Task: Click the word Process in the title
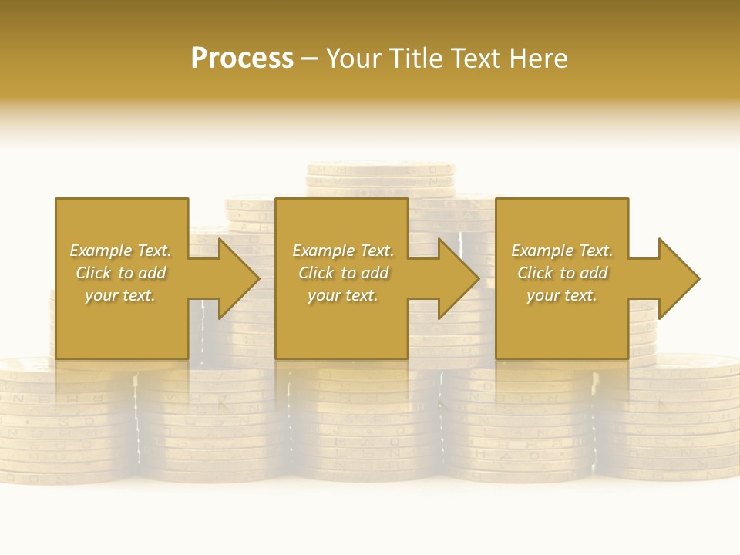[x=242, y=58]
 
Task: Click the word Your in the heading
[x=355, y=58]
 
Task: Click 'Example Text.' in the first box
[x=120, y=251]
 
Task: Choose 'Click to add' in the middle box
[x=343, y=273]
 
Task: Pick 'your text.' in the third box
[x=561, y=295]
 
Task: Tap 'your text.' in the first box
[x=120, y=295]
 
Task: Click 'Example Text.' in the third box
[x=561, y=251]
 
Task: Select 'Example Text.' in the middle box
[x=343, y=251]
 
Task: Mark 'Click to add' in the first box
[x=120, y=273]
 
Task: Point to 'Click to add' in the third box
[x=561, y=273]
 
